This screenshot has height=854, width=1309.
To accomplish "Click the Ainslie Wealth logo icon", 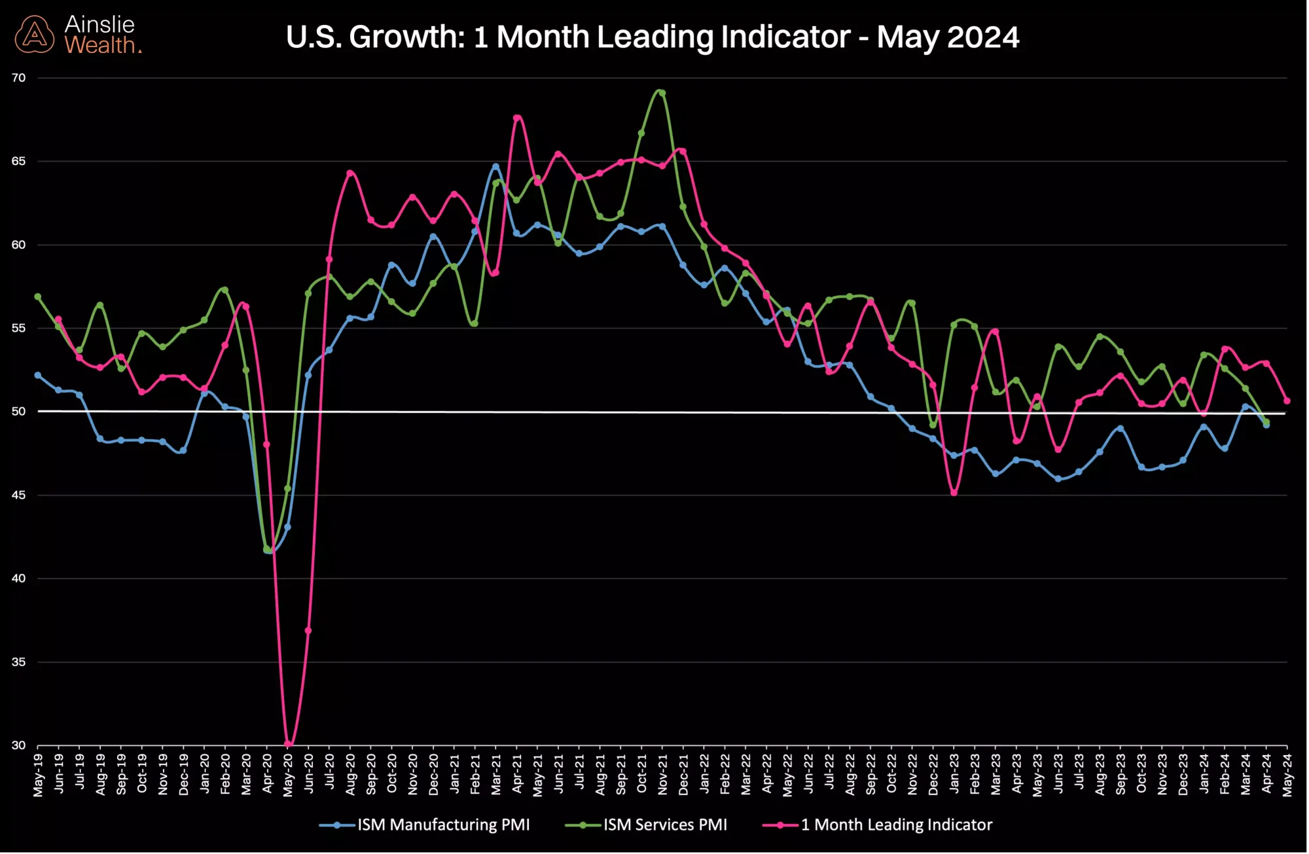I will click(x=35, y=35).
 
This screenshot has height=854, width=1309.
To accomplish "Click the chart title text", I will click(x=652, y=37).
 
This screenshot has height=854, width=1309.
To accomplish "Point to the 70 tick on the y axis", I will click(x=18, y=78).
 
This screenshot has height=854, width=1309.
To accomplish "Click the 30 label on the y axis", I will click(x=18, y=745).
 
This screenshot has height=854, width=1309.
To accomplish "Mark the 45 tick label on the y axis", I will click(x=18, y=495).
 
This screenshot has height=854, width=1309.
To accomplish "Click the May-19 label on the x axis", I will click(x=38, y=775).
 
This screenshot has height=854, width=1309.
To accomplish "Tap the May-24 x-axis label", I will click(x=1287, y=775).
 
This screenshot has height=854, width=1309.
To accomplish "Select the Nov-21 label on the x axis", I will click(x=662, y=775).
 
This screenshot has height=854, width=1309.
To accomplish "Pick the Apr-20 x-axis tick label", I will click(x=267, y=775).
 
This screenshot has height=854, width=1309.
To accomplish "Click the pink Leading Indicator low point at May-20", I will click(x=288, y=744).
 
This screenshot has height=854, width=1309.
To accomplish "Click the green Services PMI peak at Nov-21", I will click(x=662, y=93).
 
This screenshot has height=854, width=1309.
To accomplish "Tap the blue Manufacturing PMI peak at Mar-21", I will click(x=495, y=167).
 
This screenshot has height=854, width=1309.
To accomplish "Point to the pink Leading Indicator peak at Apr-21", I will click(x=517, y=118).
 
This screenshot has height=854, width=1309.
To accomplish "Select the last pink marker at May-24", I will click(x=1287, y=401).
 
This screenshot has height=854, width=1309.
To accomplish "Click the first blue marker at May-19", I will click(x=38, y=376).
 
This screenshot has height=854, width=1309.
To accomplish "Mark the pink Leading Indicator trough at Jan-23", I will click(x=954, y=493).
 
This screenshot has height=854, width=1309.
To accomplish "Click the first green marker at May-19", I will click(x=38, y=297).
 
